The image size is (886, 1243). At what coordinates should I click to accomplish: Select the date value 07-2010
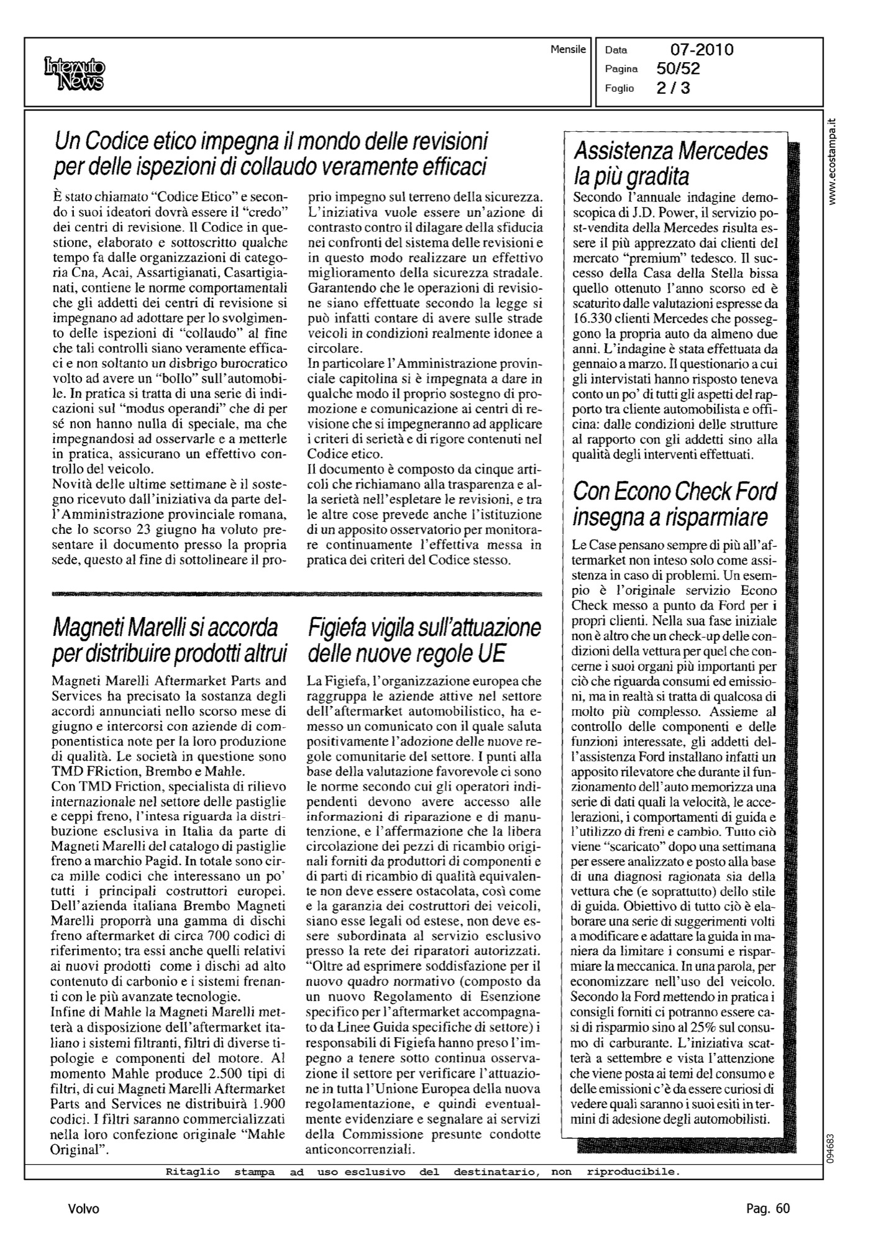(701, 50)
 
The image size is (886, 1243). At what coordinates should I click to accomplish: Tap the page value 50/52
(678, 69)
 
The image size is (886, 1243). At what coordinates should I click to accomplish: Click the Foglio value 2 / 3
(673, 88)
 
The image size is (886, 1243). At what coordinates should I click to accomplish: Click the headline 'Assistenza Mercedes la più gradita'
(671, 163)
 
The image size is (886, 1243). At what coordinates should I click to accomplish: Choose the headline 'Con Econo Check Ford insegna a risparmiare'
(675, 503)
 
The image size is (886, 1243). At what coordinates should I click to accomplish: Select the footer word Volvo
(83, 1209)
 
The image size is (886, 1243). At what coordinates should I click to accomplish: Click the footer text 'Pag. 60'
(767, 1209)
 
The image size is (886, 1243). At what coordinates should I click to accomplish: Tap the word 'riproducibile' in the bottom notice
(633, 1172)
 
